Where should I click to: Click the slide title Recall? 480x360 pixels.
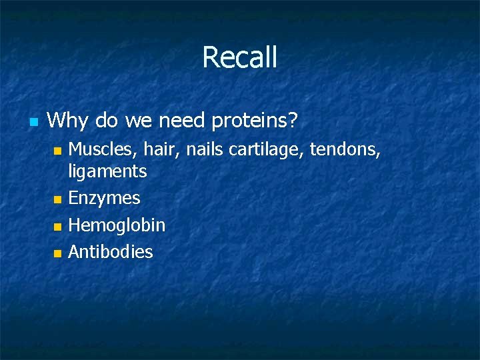pyautogui.click(x=239, y=57)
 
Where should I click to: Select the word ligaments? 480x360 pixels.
pyautogui.click(x=107, y=172)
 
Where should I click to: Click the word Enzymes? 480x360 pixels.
pyautogui.click(x=104, y=199)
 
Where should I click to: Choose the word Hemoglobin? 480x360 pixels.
pyautogui.click(x=117, y=225)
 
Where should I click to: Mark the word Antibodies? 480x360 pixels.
pyautogui.click(x=111, y=252)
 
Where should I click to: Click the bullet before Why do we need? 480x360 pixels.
pyautogui.click(x=33, y=122)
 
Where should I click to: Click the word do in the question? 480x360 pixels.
pyautogui.click(x=107, y=121)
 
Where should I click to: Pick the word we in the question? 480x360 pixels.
pyautogui.click(x=138, y=121)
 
